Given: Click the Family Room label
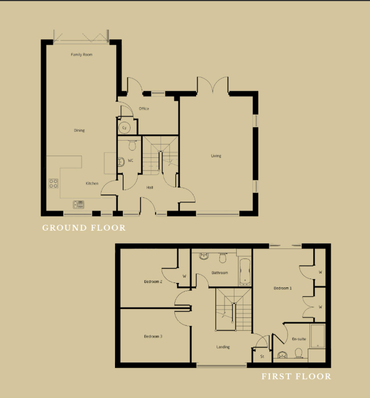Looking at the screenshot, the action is click(82, 54).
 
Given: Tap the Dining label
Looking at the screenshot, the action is click(79, 131).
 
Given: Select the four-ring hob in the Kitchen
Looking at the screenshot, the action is click(53, 183).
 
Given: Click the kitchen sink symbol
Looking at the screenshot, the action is click(79, 205).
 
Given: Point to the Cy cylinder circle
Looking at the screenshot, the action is click(124, 128).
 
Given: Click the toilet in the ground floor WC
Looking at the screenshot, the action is click(132, 145).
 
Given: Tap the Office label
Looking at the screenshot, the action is click(144, 108).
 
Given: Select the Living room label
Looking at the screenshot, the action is click(216, 156).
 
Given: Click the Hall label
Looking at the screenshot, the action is click(149, 187).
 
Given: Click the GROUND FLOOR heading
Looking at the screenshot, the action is click(84, 228).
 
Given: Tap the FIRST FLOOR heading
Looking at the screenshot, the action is click(296, 376).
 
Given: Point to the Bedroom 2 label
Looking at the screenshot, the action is click(153, 281).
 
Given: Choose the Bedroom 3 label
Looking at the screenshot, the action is click(153, 336).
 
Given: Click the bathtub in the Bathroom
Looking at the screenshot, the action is click(245, 272).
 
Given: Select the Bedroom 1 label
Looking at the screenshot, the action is click(283, 288).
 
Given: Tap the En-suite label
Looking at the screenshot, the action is click(299, 339).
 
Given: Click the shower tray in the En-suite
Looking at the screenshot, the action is click(318, 336).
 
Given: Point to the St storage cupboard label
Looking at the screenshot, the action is click(262, 356).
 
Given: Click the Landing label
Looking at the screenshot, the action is click(223, 347).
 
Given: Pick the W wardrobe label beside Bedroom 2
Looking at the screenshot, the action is click(184, 276).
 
